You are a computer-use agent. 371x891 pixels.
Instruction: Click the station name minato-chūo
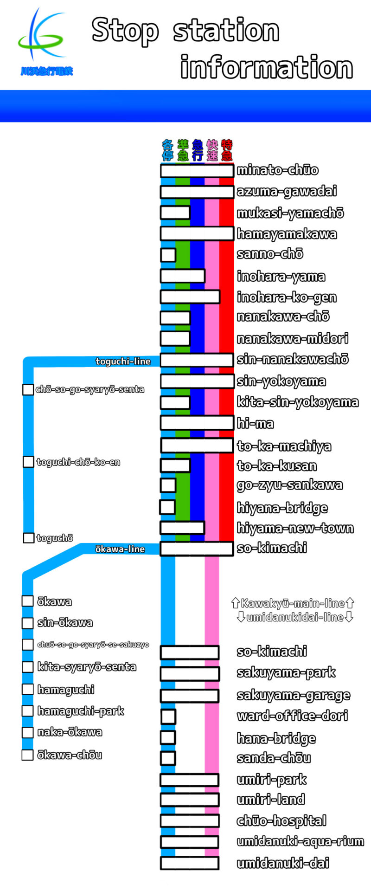[277, 170]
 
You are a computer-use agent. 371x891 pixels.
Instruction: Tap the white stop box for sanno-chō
[168, 255]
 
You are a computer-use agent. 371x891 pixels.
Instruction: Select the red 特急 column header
[227, 149]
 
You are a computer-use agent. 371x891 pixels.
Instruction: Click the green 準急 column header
[183, 149]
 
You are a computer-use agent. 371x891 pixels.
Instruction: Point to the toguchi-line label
[123, 362]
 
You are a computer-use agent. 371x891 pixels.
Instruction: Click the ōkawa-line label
[120, 549]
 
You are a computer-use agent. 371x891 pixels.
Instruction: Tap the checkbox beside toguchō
[28, 538]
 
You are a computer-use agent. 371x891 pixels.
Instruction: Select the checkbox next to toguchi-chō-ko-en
[28, 462]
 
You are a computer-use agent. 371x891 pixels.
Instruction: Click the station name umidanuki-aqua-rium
[300, 841]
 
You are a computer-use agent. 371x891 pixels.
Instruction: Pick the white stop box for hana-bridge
[168, 737]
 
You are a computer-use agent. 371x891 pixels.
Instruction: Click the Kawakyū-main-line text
[293, 603]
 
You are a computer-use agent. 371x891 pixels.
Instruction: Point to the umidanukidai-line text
[295, 617]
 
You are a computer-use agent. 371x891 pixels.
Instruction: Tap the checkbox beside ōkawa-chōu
[27, 755]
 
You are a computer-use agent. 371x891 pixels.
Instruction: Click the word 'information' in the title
[267, 68]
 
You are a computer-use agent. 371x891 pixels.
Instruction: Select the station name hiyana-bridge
[282, 508]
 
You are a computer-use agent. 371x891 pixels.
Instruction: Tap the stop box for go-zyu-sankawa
[168, 485]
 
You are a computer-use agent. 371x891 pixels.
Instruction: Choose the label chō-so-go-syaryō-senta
[90, 389]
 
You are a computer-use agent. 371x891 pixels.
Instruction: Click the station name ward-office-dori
[292, 716]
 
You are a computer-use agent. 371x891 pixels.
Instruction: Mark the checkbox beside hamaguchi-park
[27, 711]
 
